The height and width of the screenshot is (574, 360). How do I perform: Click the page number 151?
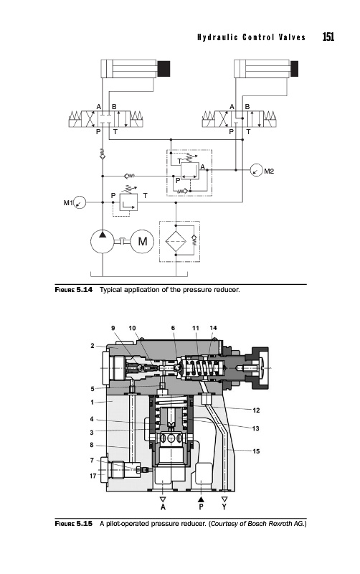tap(328, 37)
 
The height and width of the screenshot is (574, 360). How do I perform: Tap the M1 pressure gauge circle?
tap(80, 202)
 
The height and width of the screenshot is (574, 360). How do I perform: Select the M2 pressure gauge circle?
tap(257, 170)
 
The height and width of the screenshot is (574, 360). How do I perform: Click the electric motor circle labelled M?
tap(142, 241)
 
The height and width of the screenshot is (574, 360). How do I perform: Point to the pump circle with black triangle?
tap(103, 241)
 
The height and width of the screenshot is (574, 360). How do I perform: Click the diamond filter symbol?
tap(176, 241)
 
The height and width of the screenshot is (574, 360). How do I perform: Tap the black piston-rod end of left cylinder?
tap(164, 69)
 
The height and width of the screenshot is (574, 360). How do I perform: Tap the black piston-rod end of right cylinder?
tap(294, 69)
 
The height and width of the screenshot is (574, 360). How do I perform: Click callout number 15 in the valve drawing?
tap(256, 451)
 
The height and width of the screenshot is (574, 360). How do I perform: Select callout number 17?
tap(93, 476)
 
